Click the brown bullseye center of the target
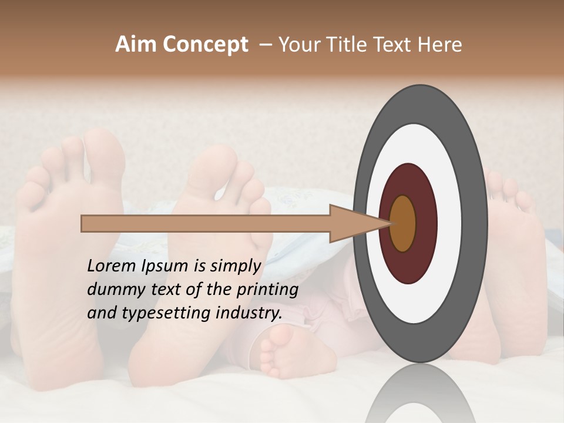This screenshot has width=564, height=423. tap(404, 224)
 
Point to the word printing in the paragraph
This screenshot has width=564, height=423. tap(267, 290)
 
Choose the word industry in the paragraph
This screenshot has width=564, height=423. tap(249, 313)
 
